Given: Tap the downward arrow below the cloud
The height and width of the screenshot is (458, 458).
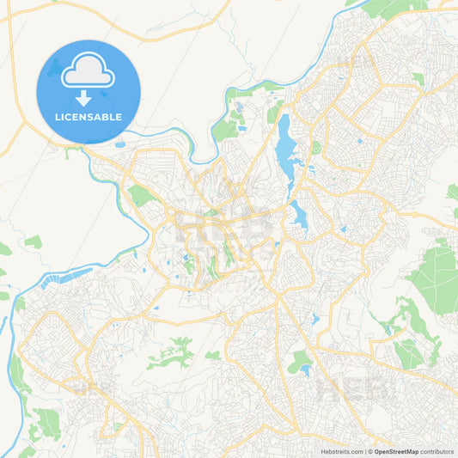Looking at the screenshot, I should pyautogui.click(x=89, y=98).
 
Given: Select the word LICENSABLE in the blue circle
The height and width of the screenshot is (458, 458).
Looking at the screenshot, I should pyautogui.click(x=89, y=117).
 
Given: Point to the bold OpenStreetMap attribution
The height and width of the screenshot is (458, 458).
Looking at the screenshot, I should pyautogui.click(x=396, y=451).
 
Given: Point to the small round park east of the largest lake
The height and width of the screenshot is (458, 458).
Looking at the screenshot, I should pyautogui.click(x=316, y=147).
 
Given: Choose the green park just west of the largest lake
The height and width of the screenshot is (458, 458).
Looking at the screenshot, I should pyautogui.click(x=224, y=130).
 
